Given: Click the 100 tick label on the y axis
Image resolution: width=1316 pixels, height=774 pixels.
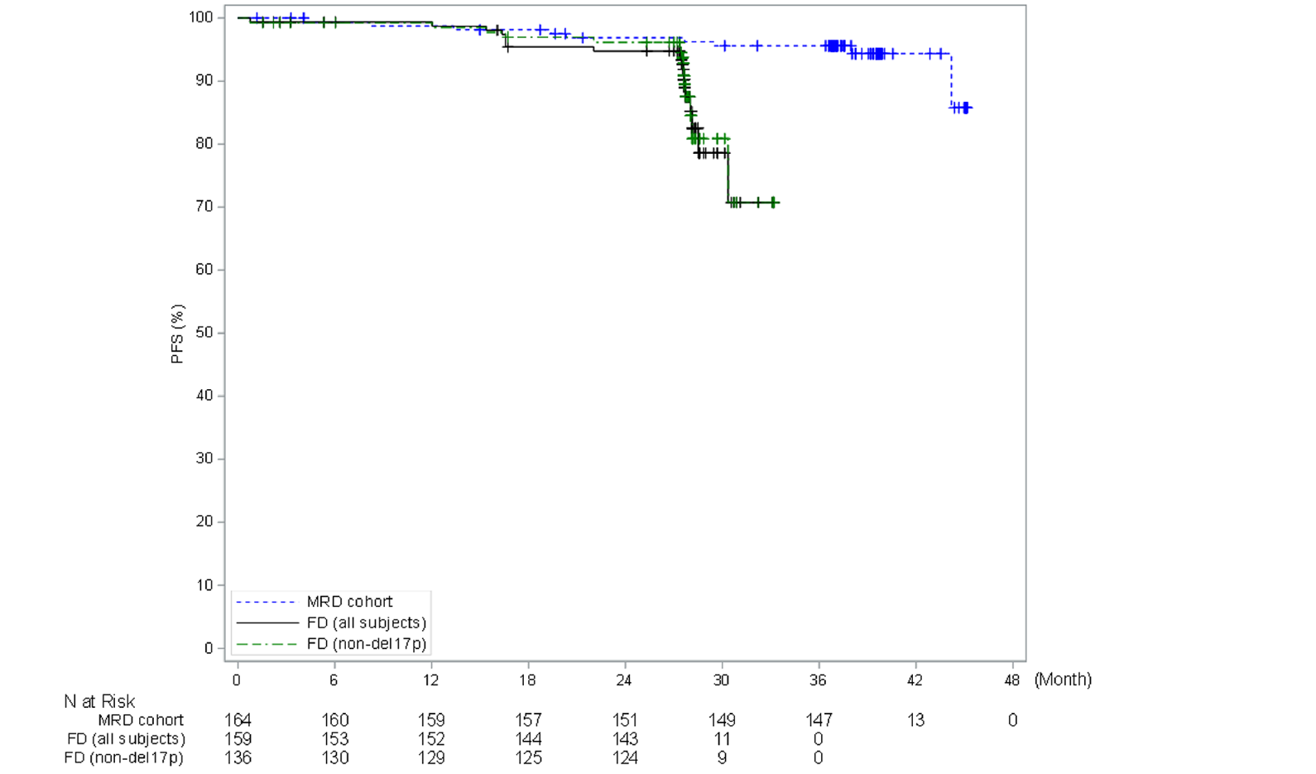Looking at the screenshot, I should pyautogui.click(x=200, y=17).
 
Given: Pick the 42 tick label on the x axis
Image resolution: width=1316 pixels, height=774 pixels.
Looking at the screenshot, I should pyautogui.click(x=915, y=680).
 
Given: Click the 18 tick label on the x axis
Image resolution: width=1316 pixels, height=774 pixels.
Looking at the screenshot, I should pyautogui.click(x=527, y=680).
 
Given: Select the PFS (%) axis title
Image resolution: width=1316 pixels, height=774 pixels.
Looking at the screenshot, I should pyautogui.click(x=177, y=334).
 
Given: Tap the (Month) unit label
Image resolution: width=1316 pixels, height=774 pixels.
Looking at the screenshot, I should pyautogui.click(x=1063, y=680).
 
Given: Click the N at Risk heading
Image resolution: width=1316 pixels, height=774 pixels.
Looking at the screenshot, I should pyautogui.click(x=99, y=702).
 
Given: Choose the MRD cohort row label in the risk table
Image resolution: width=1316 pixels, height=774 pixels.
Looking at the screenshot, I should pyautogui.click(x=141, y=720).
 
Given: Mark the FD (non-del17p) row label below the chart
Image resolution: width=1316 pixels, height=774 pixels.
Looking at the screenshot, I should pyautogui.click(x=124, y=757).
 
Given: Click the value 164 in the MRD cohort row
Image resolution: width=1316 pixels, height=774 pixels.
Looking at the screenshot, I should pyautogui.click(x=238, y=720).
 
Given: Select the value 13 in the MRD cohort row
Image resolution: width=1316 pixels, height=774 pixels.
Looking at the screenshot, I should pyautogui.click(x=915, y=720).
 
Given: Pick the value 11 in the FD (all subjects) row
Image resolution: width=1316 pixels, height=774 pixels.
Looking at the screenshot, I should pyautogui.click(x=722, y=738).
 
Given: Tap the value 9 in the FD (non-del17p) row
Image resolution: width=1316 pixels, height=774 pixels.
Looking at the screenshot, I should pyautogui.click(x=722, y=757).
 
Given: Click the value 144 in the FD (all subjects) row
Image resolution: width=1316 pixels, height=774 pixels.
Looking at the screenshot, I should pyautogui.click(x=528, y=738).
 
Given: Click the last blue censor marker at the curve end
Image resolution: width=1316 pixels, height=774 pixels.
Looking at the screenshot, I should pyautogui.click(x=967, y=108).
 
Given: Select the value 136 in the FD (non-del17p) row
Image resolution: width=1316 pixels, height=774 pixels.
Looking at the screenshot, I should pyautogui.click(x=238, y=757).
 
